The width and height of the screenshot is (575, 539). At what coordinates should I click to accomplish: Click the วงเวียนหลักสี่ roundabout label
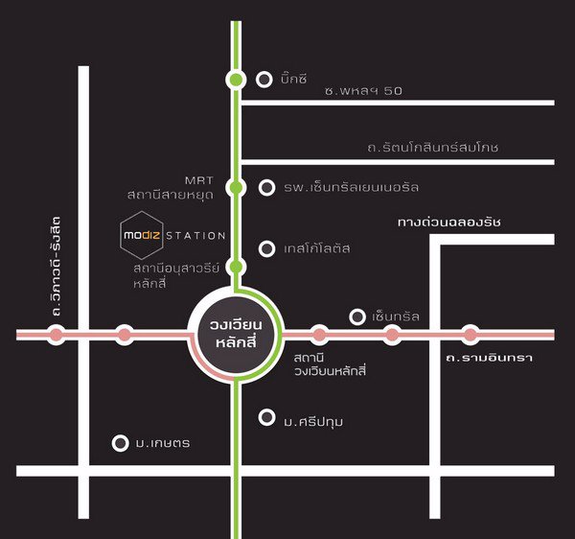click(236, 334)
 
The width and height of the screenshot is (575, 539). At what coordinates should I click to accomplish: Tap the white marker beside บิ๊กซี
click(265, 80)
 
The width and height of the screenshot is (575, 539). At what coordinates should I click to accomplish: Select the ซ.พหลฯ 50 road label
click(361, 90)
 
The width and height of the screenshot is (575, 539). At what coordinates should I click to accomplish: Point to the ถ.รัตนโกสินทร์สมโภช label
click(432, 149)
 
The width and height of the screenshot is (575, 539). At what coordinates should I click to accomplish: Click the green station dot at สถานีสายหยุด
click(236, 187)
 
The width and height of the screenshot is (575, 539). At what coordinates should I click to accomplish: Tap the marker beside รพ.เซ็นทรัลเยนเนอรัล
click(265, 187)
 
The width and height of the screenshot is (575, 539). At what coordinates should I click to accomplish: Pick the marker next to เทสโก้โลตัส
click(265, 248)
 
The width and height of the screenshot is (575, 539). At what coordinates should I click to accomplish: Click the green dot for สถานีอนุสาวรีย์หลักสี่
click(236, 267)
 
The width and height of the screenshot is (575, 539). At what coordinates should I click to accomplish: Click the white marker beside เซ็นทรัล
click(357, 316)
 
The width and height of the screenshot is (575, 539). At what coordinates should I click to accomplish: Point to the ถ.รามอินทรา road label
click(488, 358)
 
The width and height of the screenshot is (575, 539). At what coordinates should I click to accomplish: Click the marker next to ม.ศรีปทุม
click(265, 417)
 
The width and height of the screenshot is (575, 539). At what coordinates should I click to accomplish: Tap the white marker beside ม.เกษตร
click(121, 443)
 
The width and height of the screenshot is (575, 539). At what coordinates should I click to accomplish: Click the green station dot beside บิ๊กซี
click(236, 80)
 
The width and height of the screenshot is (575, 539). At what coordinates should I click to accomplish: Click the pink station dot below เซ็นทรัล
click(391, 335)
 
